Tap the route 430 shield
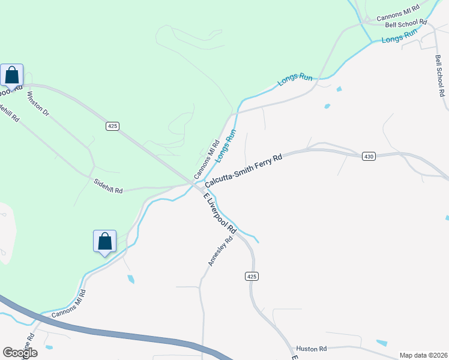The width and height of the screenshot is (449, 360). (x=369, y=157)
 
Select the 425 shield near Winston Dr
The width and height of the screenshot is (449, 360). (x=112, y=125)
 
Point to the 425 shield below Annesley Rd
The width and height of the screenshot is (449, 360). (x=252, y=276)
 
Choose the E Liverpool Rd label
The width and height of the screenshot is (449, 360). (x=220, y=214)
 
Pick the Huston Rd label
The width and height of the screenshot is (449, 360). (x=310, y=349)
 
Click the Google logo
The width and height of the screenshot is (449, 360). (x=20, y=353)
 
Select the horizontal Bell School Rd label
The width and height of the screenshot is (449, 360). (x=406, y=24)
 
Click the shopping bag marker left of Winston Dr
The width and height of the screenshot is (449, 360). (x=11, y=76)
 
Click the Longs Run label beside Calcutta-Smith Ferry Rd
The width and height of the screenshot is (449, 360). (x=224, y=146)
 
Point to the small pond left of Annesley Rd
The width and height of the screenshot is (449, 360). (x=131, y=279)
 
